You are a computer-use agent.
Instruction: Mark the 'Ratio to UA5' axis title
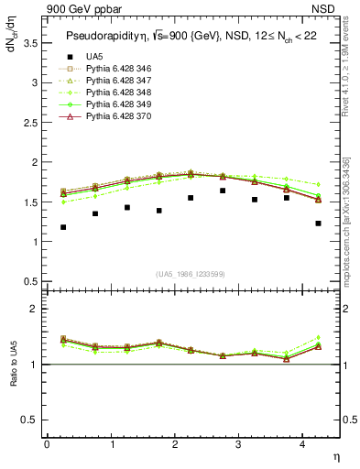pos(13,364)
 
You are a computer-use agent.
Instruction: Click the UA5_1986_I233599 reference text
pos(192,274)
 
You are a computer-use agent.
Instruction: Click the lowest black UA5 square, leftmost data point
pos(63,227)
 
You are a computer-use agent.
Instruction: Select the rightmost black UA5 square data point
pos(318,224)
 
